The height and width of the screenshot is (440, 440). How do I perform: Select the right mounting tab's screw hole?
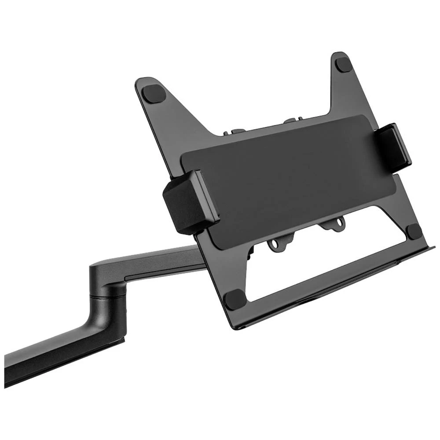[x=336, y=226]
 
